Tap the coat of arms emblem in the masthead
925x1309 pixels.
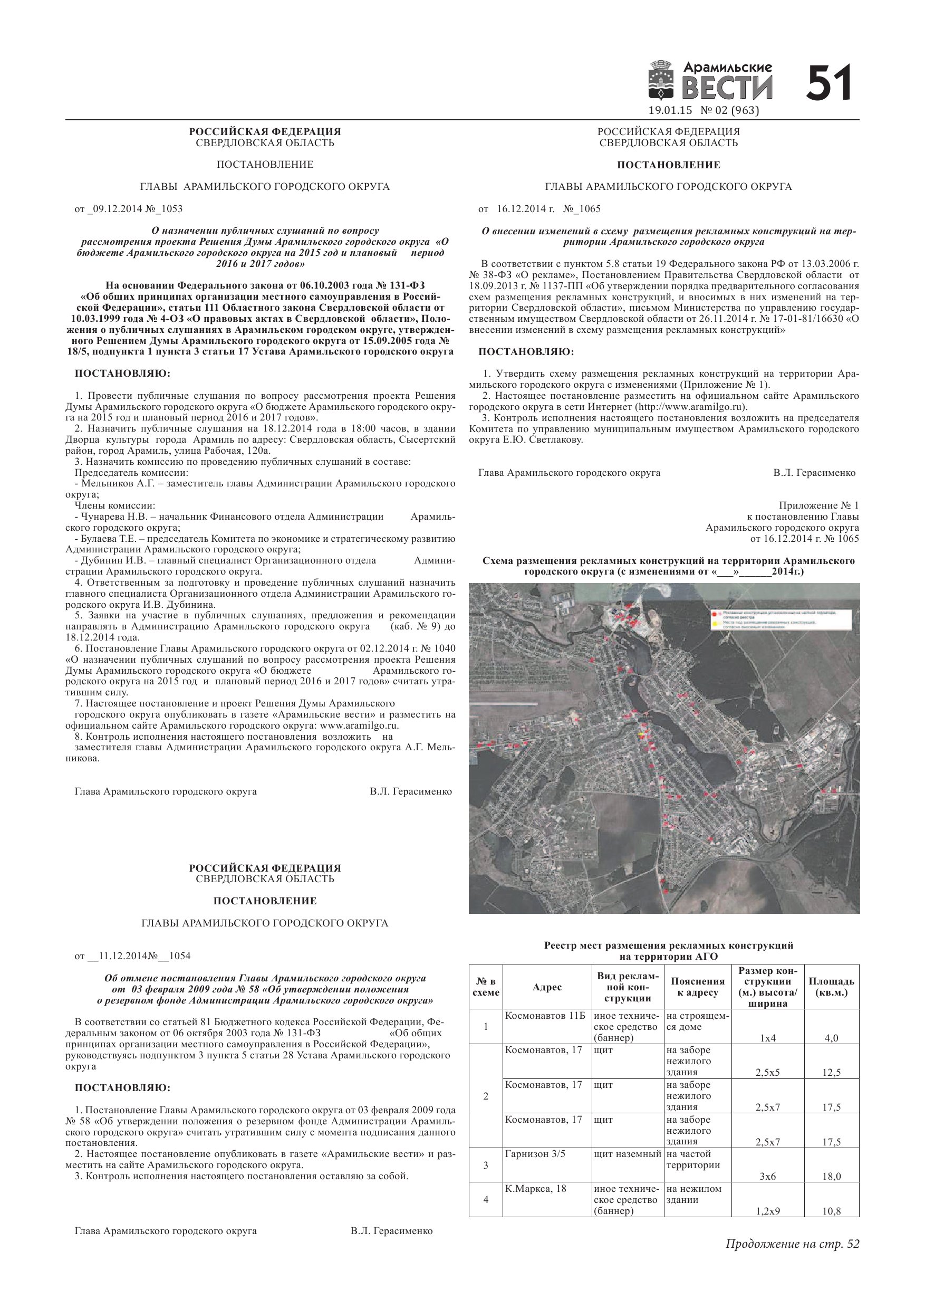click(x=661, y=82)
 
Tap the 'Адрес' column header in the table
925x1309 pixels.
click(x=546, y=988)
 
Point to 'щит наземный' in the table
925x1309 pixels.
click(x=627, y=1154)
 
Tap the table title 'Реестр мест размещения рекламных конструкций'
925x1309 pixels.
click(x=668, y=946)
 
